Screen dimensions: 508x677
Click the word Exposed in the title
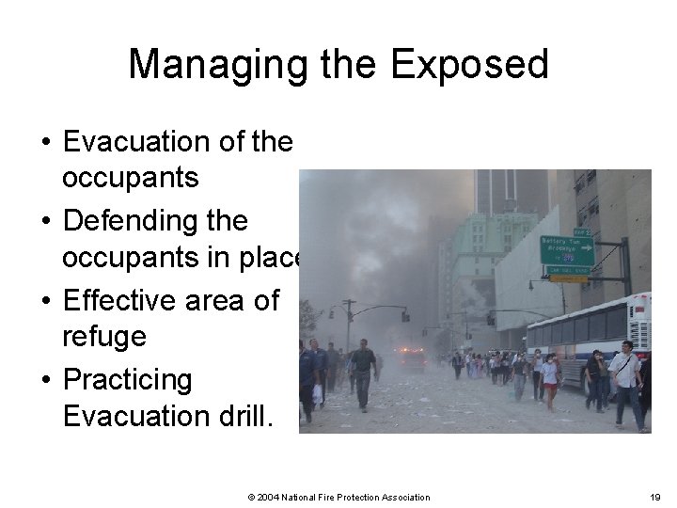pyautogui.click(x=469, y=64)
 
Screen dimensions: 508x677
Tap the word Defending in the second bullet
pyautogui.click(x=155, y=221)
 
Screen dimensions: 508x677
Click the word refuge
pyautogui.click(x=103, y=336)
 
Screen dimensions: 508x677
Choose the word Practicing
pyautogui.click(x=127, y=380)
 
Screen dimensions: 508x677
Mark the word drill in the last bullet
pyautogui.click(x=241, y=415)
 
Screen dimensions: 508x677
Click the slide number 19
pyautogui.click(x=654, y=497)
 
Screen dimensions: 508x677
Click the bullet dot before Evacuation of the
pyautogui.click(x=44, y=143)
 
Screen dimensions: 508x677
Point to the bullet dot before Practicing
pyautogui.click(x=44, y=381)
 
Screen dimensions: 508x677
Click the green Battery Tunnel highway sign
pyautogui.click(x=567, y=250)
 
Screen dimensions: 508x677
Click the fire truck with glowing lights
pyautogui.click(x=410, y=357)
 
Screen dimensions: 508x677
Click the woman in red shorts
pyautogui.click(x=550, y=381)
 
